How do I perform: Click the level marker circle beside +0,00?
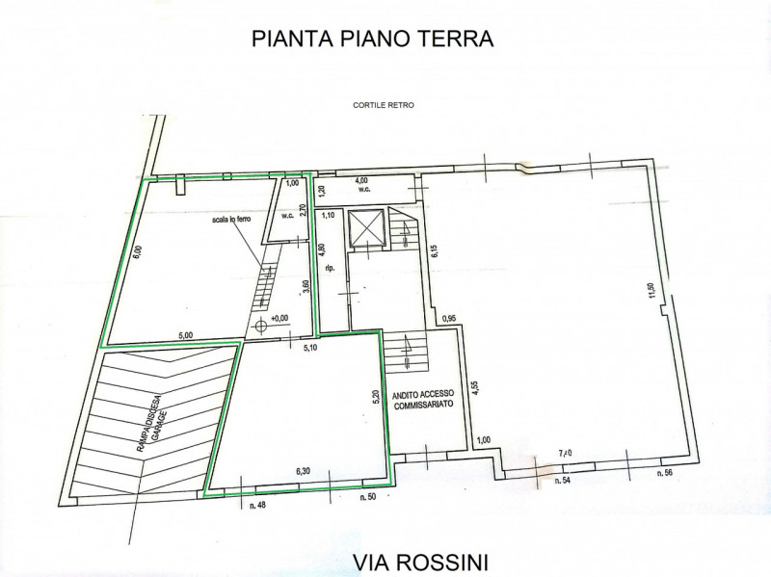(260, 326)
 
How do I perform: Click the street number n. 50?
(367, 499)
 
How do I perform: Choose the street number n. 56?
(664, 474)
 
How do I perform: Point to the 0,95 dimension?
(448, 318)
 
